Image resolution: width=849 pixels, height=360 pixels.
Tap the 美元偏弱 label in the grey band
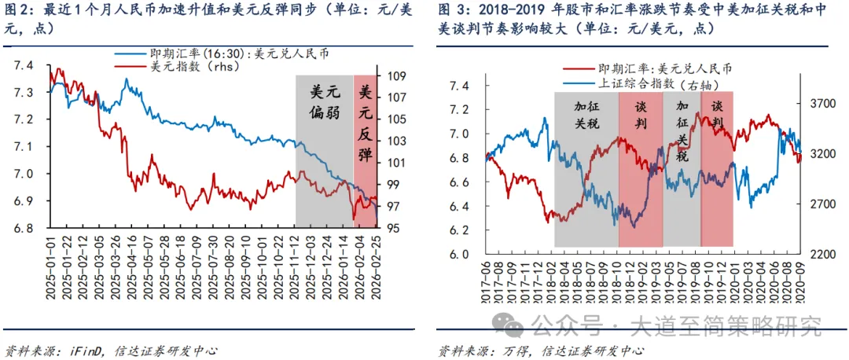click(324, 102)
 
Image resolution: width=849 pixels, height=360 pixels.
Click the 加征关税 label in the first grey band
click(586, 115)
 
